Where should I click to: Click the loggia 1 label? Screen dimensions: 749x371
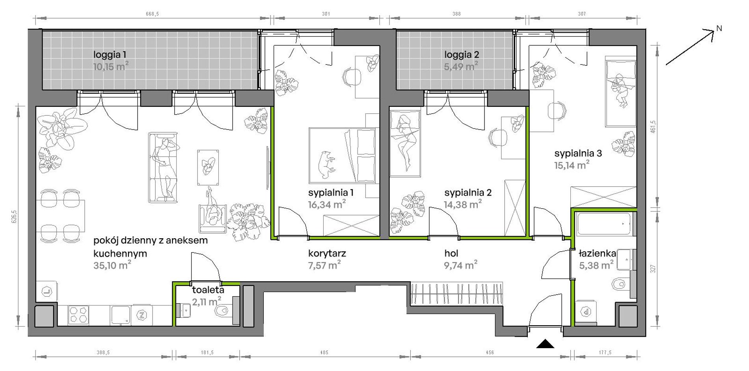pos(110,54)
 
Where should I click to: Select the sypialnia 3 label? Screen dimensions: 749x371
pos(578,153)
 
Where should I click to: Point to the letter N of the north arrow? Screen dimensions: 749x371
pos(719,28)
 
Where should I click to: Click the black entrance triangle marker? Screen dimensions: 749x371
pos(545,344)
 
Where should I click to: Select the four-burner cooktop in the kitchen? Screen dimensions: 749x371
pos(78,315)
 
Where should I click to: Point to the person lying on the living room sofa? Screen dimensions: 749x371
pos(166,167)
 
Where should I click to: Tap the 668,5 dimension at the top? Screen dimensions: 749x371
pos(152,14)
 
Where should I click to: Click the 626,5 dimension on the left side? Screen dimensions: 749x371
pos(14,217)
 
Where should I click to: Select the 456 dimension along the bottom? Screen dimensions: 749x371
pos(490,353)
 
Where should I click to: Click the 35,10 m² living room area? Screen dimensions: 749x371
pos(112,265)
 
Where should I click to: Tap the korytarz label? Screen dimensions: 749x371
pos(327,254)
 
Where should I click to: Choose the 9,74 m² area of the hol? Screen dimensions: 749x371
pos(460,265)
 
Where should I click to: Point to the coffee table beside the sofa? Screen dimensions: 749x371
pos(208,167)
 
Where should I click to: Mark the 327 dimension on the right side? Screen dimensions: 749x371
pos(653,269)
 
